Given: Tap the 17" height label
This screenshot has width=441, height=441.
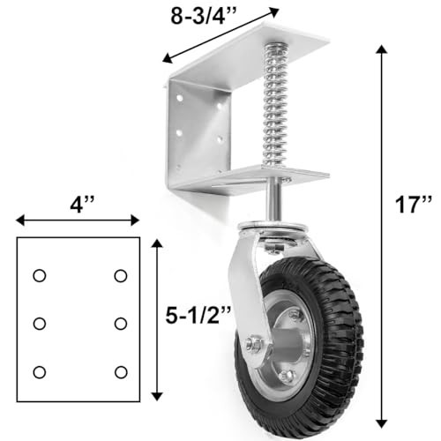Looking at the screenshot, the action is (414, 205).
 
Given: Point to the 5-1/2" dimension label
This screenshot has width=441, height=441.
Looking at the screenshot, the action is (198, 316).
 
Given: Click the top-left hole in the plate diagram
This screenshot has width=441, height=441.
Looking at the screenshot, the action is (40, 276).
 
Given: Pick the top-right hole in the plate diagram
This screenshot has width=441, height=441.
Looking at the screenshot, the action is (121, 276).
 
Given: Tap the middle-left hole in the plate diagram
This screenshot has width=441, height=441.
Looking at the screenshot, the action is (40, 324).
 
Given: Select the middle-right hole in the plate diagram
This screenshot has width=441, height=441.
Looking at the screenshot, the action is (121, 324).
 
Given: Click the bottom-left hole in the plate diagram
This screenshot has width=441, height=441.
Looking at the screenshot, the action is (40, 372).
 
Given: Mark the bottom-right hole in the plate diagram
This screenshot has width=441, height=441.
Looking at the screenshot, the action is (121, 372).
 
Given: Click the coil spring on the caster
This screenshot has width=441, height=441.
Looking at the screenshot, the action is (274, 106).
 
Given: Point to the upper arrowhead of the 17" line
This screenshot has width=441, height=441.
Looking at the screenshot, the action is (382, 49).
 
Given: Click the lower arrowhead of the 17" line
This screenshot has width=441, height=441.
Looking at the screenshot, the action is (382, 423).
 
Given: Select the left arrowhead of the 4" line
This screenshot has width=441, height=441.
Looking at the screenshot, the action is (20, 220).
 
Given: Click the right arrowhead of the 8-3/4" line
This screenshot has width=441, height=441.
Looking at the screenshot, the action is (273, 11).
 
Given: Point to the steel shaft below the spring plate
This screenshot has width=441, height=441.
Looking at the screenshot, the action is (273, 203).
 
